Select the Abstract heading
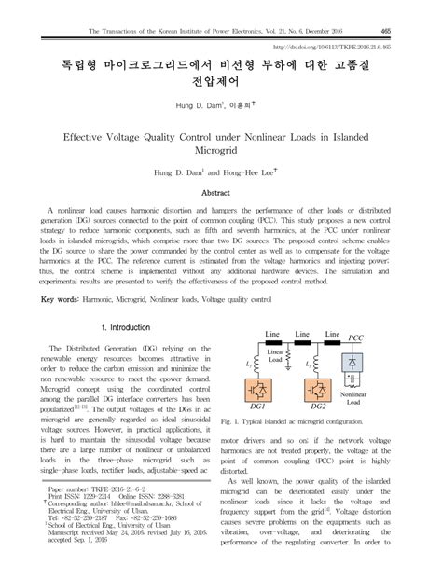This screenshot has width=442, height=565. click(221, 192)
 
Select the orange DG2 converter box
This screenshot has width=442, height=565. click(316, 391)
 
